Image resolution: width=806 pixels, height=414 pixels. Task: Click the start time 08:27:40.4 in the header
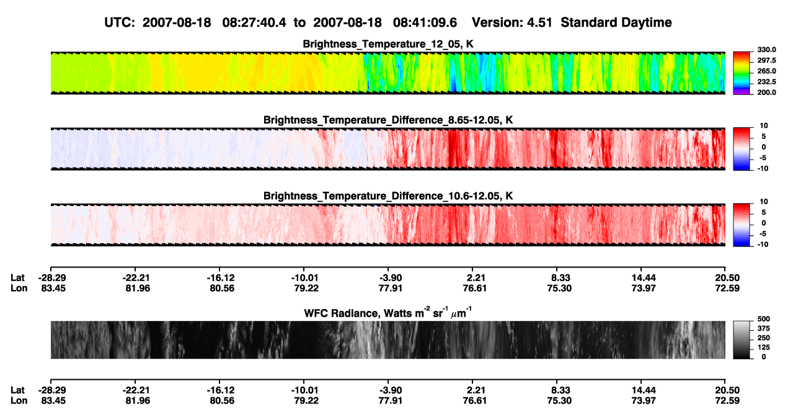click(x=254, y=23)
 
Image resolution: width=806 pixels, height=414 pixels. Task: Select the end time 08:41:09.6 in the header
click(x=425, y=23)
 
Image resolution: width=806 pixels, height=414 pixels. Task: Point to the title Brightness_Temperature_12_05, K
click(x=388, y=44)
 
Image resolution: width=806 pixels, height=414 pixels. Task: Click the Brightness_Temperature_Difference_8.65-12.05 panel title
click(x=388, y=120)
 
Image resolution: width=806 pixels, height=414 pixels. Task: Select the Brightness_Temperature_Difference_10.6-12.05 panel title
click(x=388, y=196)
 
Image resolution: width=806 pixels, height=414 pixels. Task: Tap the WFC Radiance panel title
click(x=388, y=313)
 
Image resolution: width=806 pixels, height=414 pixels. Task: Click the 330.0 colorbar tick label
click(x=767, y=50)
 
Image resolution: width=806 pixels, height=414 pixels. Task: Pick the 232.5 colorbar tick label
click(x=767, y=82)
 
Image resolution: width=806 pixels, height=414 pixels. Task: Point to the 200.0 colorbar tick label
click(x=767, y=92)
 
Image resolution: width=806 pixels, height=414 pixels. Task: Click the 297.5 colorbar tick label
click(x=767, y=61)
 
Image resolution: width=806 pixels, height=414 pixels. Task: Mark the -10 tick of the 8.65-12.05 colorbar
click(x=763, y=169)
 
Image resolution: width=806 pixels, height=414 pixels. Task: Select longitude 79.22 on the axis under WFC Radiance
click(x=306, y=401)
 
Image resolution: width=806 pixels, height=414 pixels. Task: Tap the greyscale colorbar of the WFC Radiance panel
click(x=742, y=340)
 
